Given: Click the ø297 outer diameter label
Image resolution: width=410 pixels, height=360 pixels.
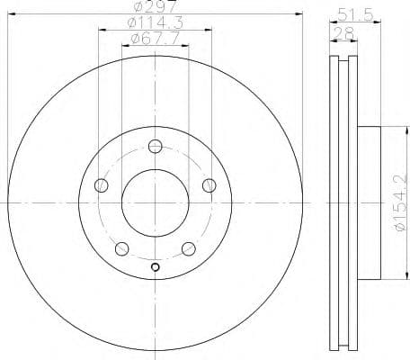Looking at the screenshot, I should (155, 8).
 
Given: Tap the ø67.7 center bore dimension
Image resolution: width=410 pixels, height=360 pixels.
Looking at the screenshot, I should (155, 39).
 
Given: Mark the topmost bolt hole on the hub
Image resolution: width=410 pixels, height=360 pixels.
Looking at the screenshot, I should (156, 146).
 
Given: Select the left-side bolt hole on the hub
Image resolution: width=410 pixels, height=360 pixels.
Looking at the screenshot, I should (101, 185).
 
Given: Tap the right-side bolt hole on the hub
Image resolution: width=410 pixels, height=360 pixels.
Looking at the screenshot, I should (209, 185).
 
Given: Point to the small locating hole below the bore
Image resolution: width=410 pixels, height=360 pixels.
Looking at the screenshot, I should (156, 266).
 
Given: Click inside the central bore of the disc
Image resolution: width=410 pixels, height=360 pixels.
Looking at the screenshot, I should (156, 202).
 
